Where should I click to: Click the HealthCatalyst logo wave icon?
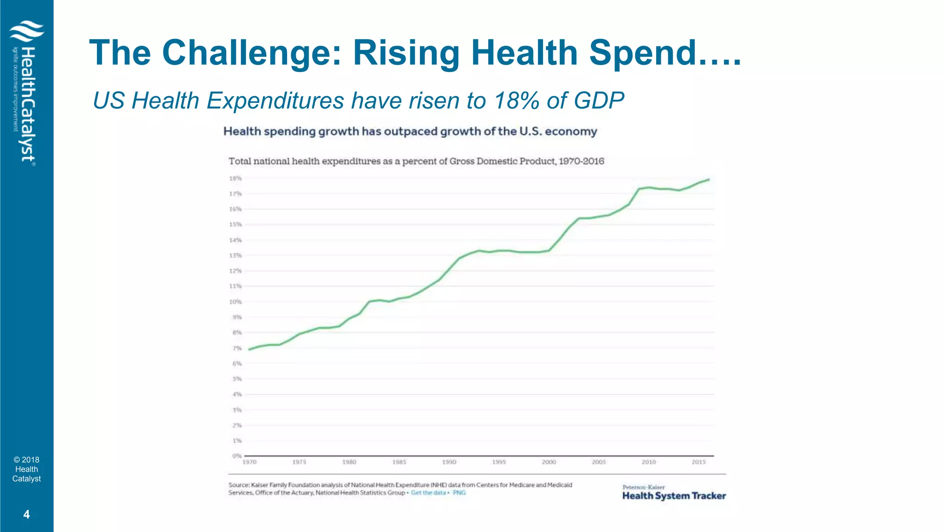coord(27,31)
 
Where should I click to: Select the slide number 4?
coord(26,514)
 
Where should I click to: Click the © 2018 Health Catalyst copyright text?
coord(26,469)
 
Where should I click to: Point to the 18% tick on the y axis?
coord(235,178)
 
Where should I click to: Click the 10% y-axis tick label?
coord(235,302)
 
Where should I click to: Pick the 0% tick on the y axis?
coord(237,456)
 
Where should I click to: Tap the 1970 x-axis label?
coord(249,462)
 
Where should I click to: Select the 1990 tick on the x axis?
coord(449,462)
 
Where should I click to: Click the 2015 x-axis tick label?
coord(699,462)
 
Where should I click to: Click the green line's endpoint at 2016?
coord(709,179)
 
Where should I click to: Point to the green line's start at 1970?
coord(249,349)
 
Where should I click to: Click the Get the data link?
coord(428,493)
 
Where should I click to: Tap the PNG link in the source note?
coord(459,493)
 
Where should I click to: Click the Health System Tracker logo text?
coord(674,496)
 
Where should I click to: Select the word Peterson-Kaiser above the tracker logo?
coord(643,487)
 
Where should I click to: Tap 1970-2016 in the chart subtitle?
coord(581,161)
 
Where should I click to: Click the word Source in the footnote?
coord(238,485)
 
